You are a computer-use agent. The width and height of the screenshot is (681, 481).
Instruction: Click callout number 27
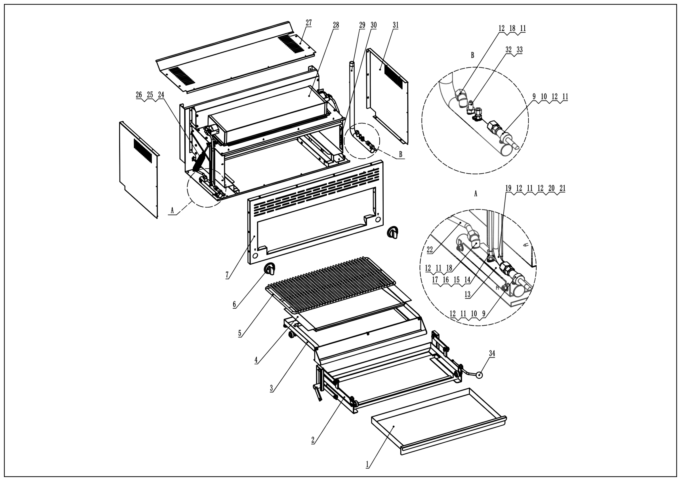309,23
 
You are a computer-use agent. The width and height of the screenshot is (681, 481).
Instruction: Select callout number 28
336,25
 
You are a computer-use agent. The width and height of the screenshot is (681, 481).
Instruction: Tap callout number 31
396,25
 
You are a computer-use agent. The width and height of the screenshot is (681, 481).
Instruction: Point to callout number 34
492,354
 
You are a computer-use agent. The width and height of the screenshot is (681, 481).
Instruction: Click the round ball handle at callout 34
479,375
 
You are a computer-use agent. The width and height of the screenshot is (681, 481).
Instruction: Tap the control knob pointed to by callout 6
270,269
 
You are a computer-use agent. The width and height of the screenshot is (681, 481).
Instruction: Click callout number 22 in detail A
430,250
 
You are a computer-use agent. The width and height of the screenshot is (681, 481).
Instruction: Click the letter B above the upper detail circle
472,55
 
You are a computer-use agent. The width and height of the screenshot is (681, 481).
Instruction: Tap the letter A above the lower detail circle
476,194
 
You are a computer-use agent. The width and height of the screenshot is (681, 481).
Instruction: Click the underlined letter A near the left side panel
172,210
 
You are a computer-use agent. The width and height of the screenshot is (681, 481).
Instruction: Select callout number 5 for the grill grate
240,333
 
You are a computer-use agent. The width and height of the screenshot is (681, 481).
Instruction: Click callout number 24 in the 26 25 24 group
161,95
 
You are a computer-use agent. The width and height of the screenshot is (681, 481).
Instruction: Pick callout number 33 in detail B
520,50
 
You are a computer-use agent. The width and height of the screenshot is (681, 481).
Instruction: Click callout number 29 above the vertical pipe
362,25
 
